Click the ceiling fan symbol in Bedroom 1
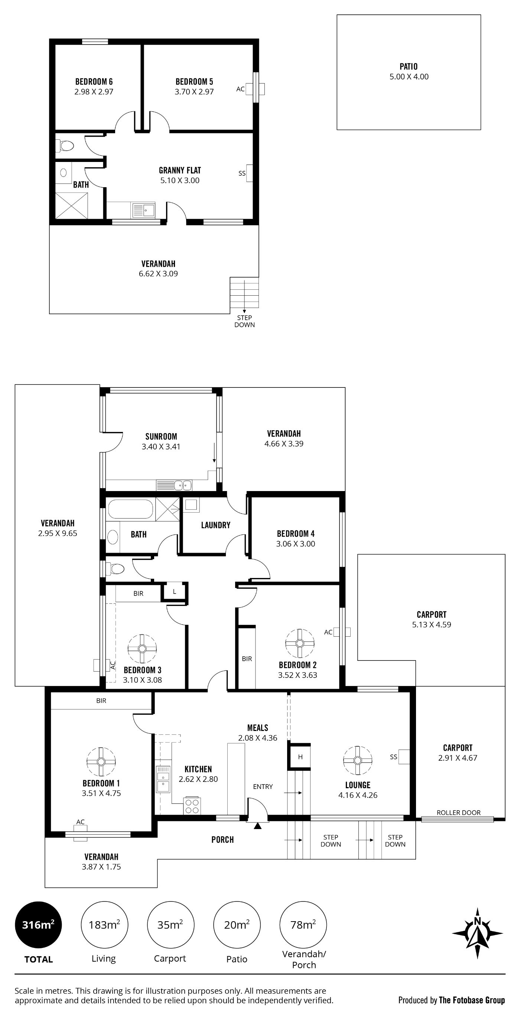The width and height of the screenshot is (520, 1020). (101, 761)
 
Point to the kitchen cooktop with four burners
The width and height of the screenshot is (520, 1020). (192, 805)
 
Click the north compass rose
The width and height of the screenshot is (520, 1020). (477, 933)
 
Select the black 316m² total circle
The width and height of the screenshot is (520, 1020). (38, 925)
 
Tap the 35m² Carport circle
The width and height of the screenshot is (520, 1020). (170, 925)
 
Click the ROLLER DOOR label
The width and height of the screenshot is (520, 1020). (459, 812)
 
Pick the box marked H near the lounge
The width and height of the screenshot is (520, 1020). (300, 757)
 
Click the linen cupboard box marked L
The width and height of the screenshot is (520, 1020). (174, 592)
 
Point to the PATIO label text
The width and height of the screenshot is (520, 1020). (409, 66)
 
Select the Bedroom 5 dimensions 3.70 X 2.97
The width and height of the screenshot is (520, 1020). (194, 92)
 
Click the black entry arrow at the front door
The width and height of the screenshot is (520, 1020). (257, 826)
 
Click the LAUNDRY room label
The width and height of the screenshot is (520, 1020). (215, 525)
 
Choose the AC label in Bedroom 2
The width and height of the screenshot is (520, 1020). (328, 632)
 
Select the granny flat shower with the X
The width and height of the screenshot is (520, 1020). (71, 205)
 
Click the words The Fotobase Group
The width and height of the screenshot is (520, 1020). (472, 1000)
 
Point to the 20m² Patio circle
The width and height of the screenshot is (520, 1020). (237, 925)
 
